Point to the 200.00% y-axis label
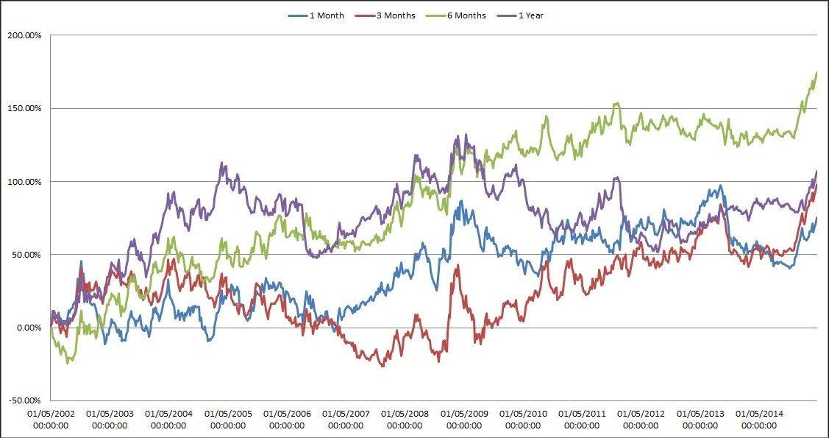26,35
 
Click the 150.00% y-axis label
26,108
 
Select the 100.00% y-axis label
26,181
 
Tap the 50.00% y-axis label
28,255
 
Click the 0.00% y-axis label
30,328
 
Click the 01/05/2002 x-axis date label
50,420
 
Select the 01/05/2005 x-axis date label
227,420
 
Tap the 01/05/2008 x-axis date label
405,420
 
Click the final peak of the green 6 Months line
816,72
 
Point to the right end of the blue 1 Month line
816,218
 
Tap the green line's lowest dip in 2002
68,362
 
